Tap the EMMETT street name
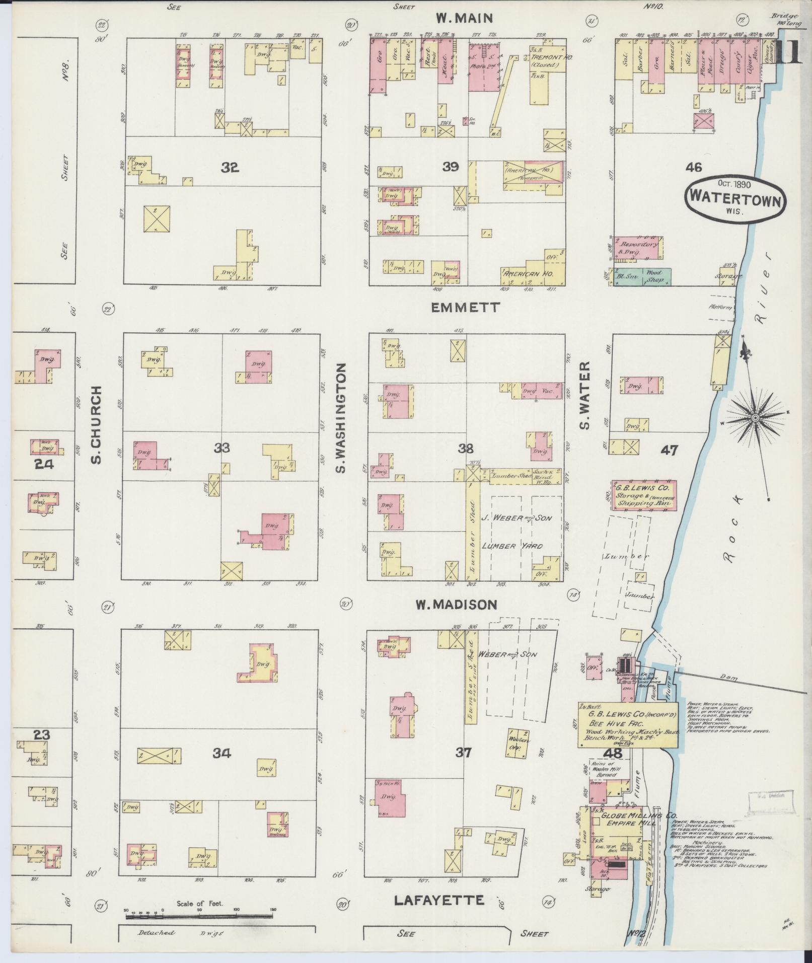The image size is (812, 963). point(465,307)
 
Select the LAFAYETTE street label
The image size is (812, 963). point(438,900)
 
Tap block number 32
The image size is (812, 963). point(230,168)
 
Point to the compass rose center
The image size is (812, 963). point(756,418)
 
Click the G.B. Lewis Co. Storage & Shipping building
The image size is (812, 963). point(644,495)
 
